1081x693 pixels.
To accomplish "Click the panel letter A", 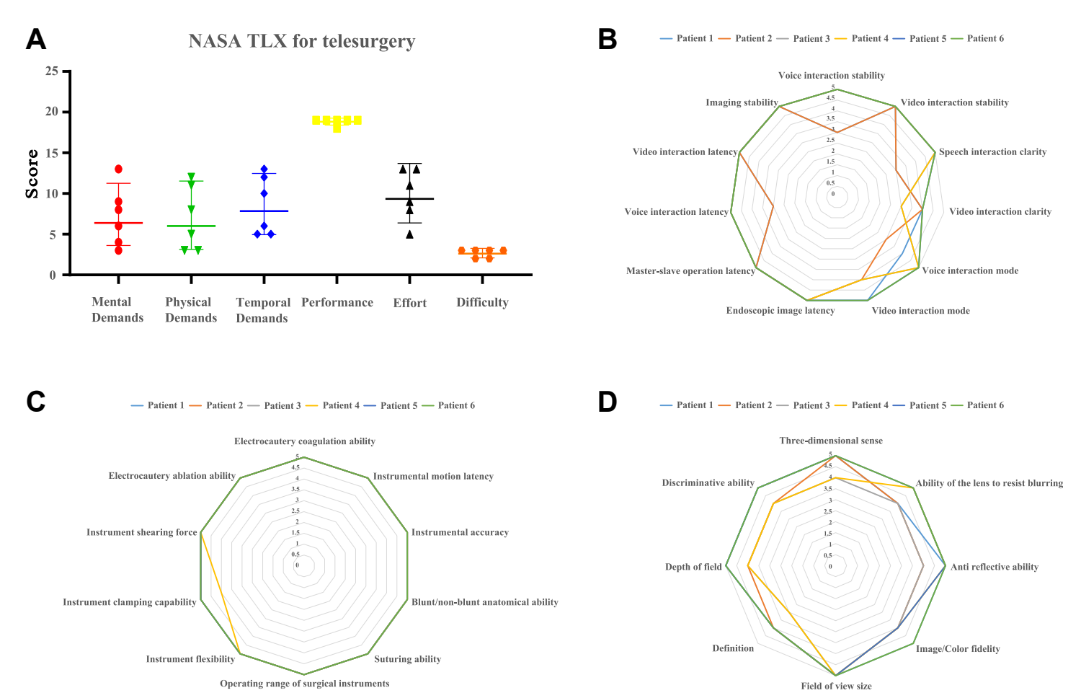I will [35, 40].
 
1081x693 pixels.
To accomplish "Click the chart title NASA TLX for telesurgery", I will [301, 41].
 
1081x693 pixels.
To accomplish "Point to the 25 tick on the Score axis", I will [52, 71].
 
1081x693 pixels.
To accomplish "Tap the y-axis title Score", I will [32, 174].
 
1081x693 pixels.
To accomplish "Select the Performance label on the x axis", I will [337, 302].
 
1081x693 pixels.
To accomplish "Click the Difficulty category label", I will [482, 302].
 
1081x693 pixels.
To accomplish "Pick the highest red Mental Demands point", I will [118, 169].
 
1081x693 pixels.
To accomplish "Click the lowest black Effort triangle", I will [410, 234].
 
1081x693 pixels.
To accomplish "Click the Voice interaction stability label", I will [831, 75].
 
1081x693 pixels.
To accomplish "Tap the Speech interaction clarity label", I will [992, 151].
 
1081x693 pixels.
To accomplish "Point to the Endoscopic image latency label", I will [780, 311].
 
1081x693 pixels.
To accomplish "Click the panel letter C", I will [35, 402].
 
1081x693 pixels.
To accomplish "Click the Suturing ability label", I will [407, 659].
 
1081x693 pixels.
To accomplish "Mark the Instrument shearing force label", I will [141, 532].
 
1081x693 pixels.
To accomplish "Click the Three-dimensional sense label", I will [830, 441].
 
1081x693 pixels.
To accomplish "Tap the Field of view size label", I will [836, 686].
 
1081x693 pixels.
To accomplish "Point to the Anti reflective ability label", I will [994, 567].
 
